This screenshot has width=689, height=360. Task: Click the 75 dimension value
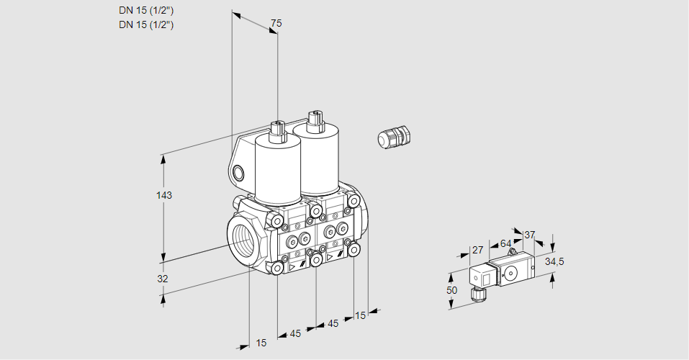pyautogui.click(x=276, y=23)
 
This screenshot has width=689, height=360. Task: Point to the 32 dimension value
pyautogui.click(x=163, y=279)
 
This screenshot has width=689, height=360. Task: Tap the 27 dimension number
pyautogui.click(x=477, y=250)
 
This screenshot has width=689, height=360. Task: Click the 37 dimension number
pyautogui.click(x=530, y=235)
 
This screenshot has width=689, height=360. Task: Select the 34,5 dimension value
pyautogui.click(x=554, y=261)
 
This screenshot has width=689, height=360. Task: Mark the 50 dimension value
pyautogui.click(x=451, y=289)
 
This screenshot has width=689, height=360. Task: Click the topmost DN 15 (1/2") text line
pyautogui.click(x=146, y=11)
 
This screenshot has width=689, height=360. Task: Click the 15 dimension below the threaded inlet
pyautogui.click(x=261, y=343)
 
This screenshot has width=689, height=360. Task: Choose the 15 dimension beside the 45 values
pyautogui.click(x=360, y=315)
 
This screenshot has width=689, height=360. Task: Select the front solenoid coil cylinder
pyautogui.click(x=278, y=169)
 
